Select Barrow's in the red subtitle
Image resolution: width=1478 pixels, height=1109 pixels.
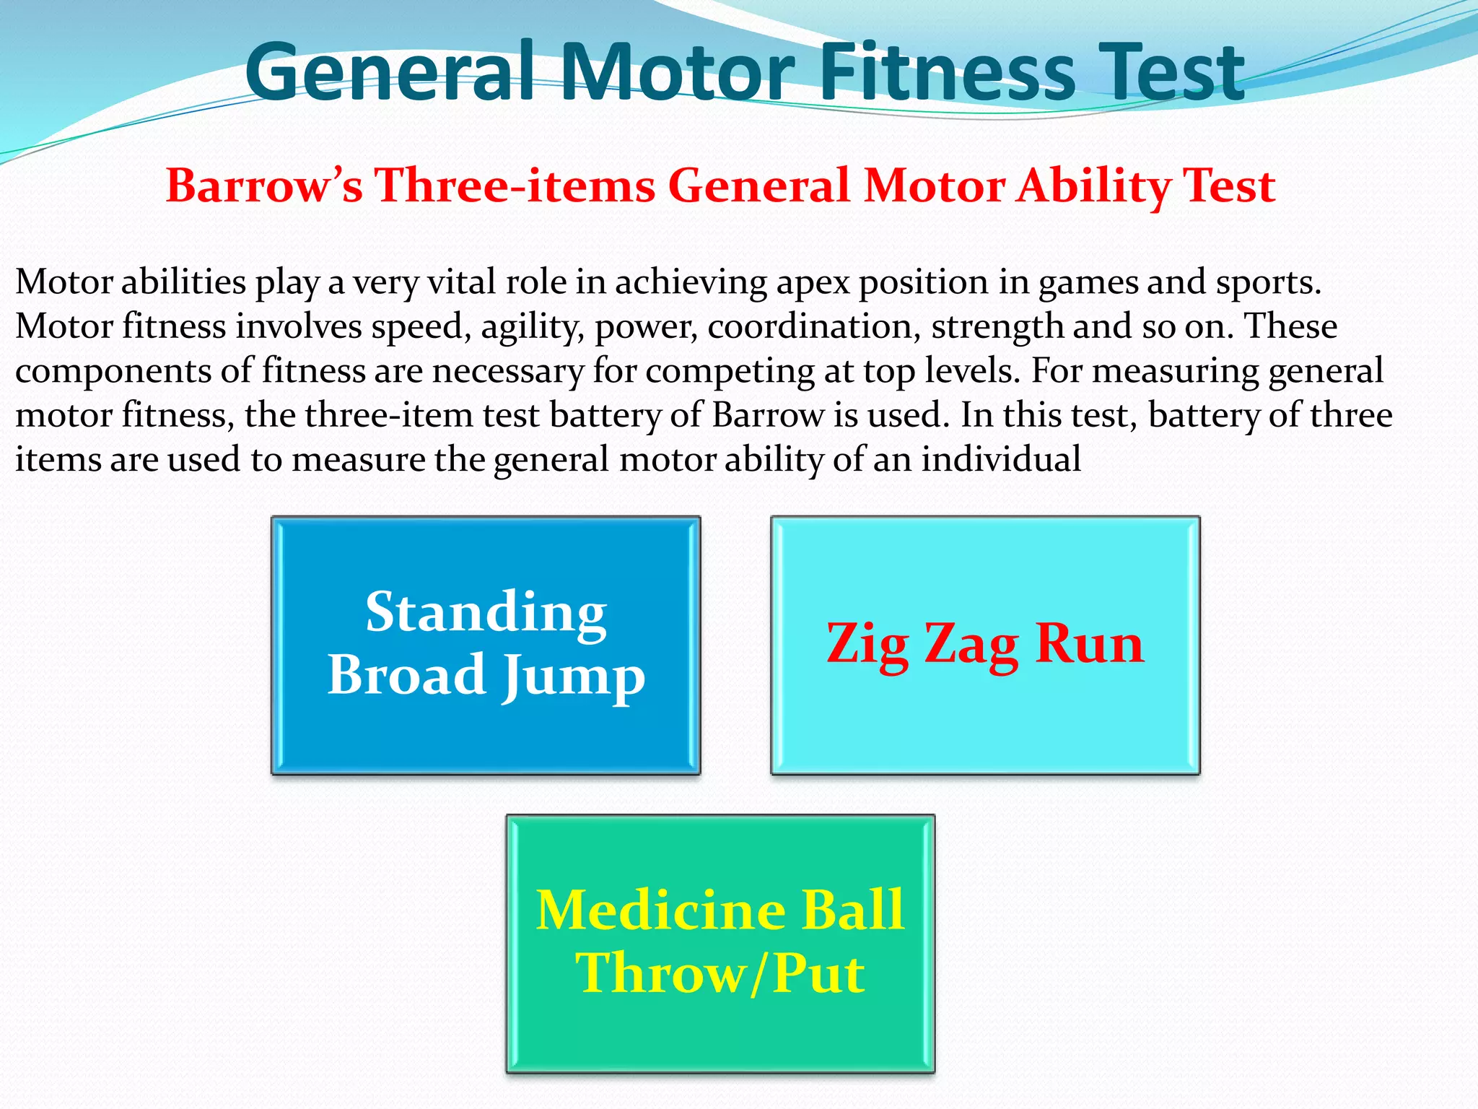point(264,186)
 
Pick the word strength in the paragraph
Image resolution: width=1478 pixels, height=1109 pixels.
point(997,326)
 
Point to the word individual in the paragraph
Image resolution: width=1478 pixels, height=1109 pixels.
point(1001,459)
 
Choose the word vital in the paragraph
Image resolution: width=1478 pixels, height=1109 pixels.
point(462,282)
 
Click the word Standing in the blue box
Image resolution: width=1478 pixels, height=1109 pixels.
point(486,612)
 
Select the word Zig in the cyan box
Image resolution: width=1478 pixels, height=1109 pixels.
point(867,644)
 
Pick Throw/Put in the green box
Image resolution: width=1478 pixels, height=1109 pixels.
point(720,974)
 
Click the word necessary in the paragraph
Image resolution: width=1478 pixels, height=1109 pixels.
point(508,371)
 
